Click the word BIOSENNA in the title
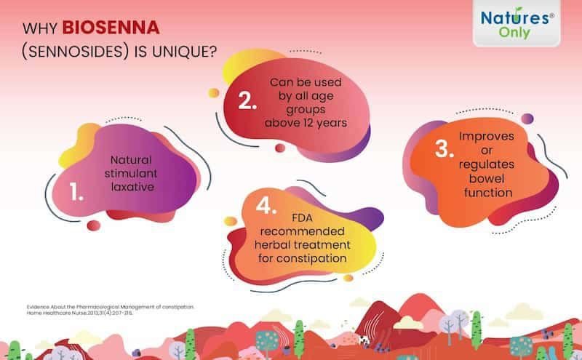pos(111,28)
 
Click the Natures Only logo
pos(517,23)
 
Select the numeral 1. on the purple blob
pos(76,191)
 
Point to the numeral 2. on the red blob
pos(247,100)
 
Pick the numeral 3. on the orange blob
pos(445,149)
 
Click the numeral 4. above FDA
pos(266,205)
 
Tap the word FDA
pos(302,218)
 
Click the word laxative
pos(132,187)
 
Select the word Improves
pos(487,137)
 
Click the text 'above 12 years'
pos(306,123)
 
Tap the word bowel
pos(487,178)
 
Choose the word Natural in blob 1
pos(131,160)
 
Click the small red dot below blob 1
pos(94,225)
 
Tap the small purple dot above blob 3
pos(527,119)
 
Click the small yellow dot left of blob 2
pos(213,93)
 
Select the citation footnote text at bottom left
pos(111,310)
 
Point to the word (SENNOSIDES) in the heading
pos(76,52)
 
